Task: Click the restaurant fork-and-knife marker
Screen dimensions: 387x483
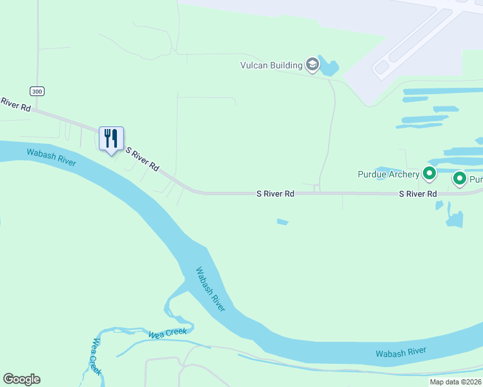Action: pos(110,138)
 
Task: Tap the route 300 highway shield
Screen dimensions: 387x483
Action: pos(37,91)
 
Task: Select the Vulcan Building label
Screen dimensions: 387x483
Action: pos(271,65)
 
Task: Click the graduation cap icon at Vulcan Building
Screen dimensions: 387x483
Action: pos(313,64)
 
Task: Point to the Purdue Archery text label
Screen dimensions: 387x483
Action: pos(389,174)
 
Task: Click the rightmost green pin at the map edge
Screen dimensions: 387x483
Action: pos(460,179)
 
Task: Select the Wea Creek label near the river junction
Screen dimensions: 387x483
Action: pos(167,333)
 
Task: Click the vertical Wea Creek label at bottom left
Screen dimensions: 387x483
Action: pos(96,357)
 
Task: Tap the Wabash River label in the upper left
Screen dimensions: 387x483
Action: pos(51,157)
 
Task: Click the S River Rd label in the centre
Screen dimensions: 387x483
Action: pos(275,193)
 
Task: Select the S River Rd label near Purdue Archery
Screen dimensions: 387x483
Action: pos(418,193)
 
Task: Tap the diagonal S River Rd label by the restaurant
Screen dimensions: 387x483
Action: pos(142,159)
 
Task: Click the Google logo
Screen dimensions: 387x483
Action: pos(21,379)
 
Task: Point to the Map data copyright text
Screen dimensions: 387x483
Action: pos(455,382)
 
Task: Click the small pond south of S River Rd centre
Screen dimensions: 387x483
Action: pos(282,223)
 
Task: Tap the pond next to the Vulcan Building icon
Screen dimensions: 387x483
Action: pos(329,66)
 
